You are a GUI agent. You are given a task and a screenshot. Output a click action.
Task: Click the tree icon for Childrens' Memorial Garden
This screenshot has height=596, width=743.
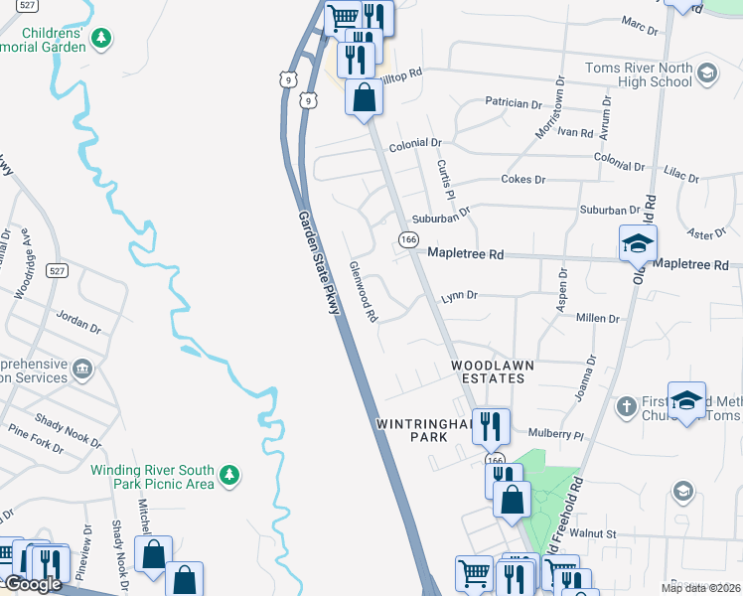coord(100,39)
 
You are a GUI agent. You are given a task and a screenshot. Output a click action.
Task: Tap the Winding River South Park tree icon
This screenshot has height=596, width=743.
coord(229,476)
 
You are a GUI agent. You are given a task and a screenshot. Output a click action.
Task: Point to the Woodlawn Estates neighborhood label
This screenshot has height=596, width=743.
coord(493,372)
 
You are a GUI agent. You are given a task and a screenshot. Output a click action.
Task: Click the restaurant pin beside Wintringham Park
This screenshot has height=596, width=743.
coord(491,427)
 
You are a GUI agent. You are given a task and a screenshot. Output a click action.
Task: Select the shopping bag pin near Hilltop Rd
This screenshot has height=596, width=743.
coord(365,99)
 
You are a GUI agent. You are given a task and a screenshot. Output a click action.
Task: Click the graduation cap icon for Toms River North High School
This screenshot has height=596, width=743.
coord(706,73)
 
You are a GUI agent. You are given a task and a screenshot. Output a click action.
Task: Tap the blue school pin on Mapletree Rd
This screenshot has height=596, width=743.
coord(638,243)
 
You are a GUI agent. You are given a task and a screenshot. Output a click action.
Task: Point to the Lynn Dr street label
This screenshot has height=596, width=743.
coord(460,296)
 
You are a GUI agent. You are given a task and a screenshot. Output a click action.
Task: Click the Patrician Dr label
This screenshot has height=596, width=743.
coord(514,102)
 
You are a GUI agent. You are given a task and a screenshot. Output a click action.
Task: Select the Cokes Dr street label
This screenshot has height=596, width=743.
coord(523,180)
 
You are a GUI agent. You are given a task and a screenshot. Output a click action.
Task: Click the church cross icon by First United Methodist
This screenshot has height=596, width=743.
coord(626,405)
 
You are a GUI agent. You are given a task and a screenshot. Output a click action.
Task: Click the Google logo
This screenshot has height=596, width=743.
coord(32,584)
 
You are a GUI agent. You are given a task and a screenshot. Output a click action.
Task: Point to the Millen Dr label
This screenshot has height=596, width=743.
coord(598,319)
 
